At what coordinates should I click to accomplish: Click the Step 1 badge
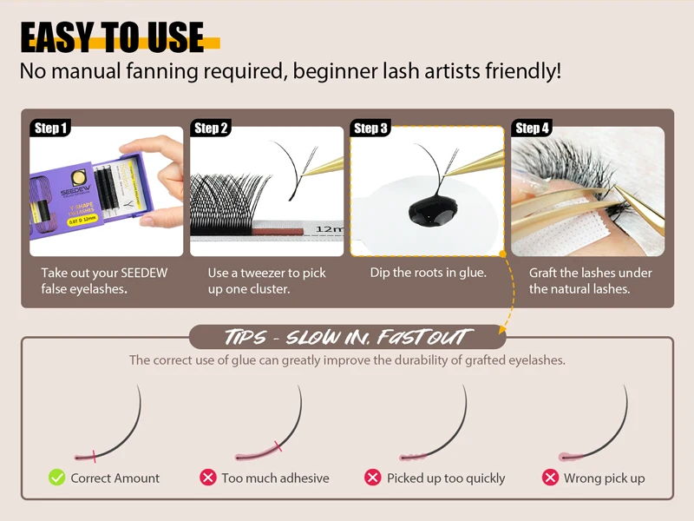pos(51,129)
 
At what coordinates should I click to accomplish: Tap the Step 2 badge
pos(211,129)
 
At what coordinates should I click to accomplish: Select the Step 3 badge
pos(370,129)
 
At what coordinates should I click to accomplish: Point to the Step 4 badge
pos(532,129)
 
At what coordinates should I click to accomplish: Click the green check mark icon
pos(57,478)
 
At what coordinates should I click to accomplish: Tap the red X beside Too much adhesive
pos(208,478)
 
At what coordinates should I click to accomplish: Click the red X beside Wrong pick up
pos(550,478)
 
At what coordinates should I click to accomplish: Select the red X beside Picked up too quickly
pos(373,478)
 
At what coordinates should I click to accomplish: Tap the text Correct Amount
pos(115,478)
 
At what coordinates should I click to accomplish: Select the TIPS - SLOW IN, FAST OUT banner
pos(347,337)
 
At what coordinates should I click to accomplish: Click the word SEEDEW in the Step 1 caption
pos(142,273)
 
